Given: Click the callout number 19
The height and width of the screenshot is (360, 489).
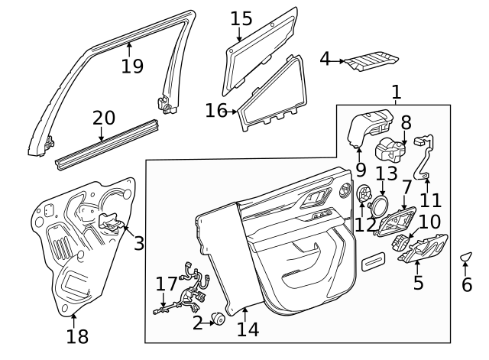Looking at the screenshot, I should pyautogui.click(x=132, y=66).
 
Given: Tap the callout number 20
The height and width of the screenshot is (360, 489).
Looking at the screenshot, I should pyautogui.click(x=104, y=118).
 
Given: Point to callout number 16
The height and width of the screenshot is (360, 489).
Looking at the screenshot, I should pyautogui.click(x=216, y=112).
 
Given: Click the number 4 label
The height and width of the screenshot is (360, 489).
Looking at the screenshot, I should pyautogui.click(x=325, y=58).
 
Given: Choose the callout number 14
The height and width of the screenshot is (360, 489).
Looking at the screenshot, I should pyautogui.click(x=248, y=329).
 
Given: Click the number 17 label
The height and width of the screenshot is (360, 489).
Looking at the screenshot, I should pyautogui.click(x=167, y=284).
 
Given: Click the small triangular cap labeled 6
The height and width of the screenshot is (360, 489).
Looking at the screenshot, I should pyautogui.click(x=466, y=257).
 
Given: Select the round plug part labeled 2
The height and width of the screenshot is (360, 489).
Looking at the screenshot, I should pyautogui.click(x=216, y=319).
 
